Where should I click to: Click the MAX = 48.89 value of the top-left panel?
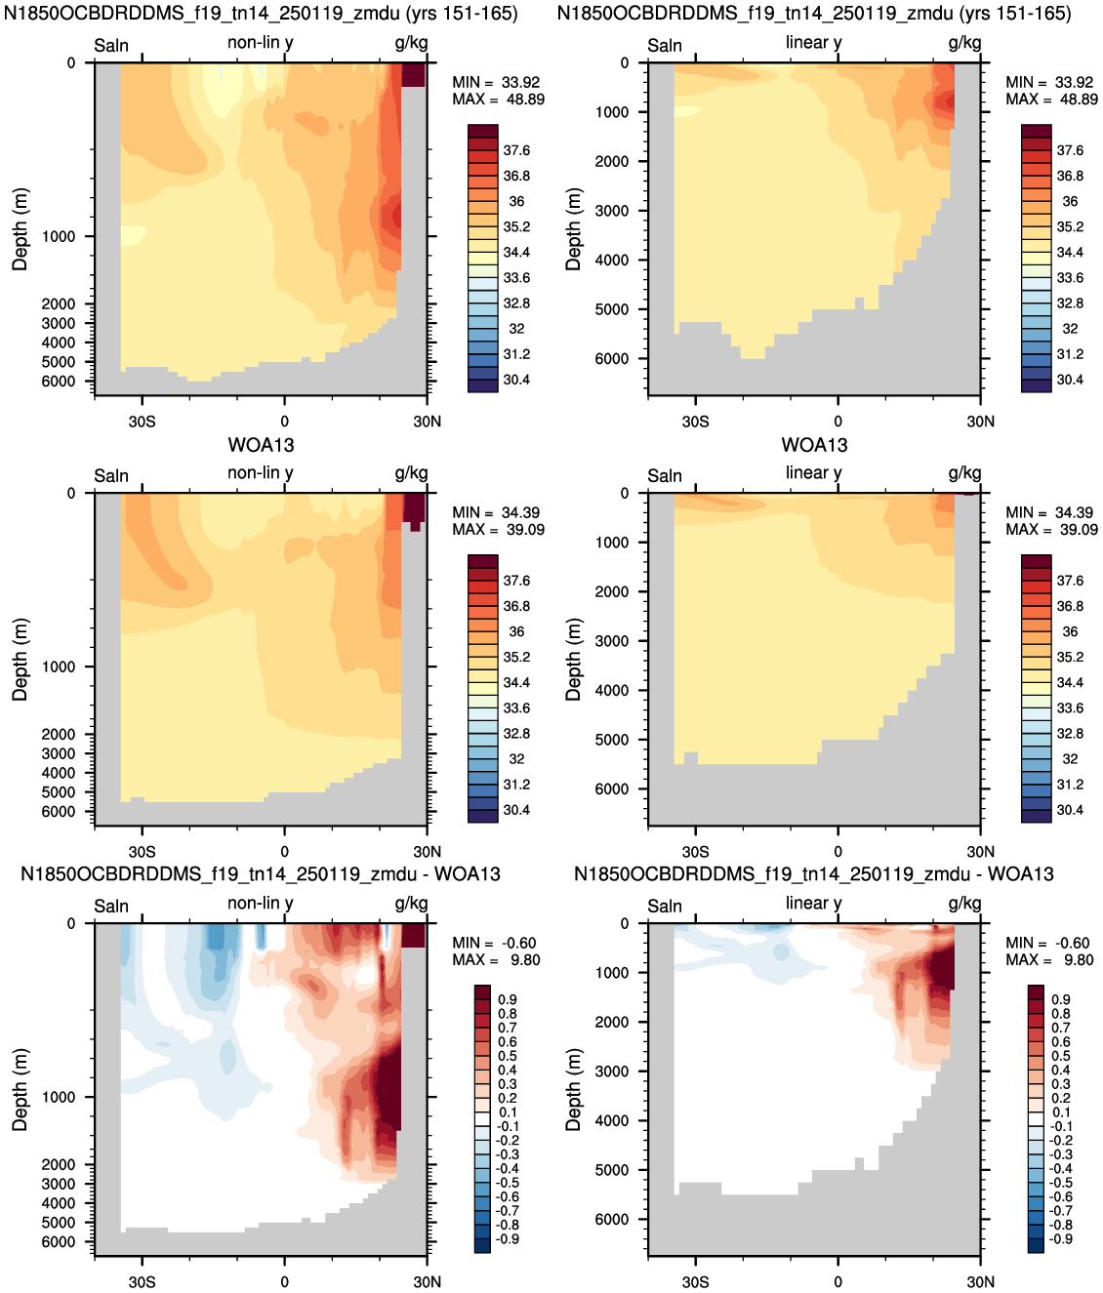click(499, 100)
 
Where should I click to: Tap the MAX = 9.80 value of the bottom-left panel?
click(496, 959)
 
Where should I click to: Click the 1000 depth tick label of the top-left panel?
click(59, 236)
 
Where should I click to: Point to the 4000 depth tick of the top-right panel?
click(980, 260)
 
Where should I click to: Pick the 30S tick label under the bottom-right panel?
click(695, 1282)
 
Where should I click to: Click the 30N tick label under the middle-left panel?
click(427, 851)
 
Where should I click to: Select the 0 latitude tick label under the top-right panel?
click(837, 421)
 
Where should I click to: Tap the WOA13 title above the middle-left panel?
click(261, 445)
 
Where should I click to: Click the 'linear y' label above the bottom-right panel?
click(813, 904)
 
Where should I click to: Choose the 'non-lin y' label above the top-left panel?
click(261, 43)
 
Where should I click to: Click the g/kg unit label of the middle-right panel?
click(964, 473)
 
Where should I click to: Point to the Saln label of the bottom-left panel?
click(111, 906)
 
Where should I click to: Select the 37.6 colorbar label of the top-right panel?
click(1070, 150)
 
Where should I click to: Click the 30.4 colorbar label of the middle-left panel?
click(516, 810)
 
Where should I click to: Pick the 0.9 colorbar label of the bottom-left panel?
click(508, 999)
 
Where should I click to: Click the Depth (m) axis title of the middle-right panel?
click(574, 660)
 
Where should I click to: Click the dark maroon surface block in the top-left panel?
click(413, 74)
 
